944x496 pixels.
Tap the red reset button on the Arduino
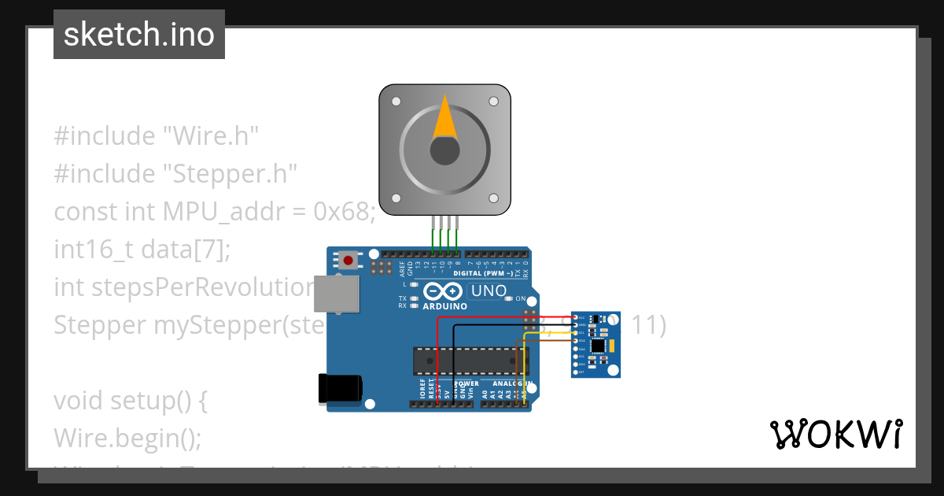pyautogui.click(x=348, y=260)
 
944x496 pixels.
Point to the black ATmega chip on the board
pyautogui.click(x=470, y=360)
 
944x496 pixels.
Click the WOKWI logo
pyautogui.click(x=835, y=434)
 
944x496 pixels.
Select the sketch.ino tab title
pyautogui.click(x=139, y=35)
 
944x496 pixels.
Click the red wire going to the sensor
pyautogui.click(x=503, y=317)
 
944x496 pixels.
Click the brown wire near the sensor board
pyautogui.click(x=543, y=341)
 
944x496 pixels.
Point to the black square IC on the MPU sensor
pyautogui.click(x=599, y=346)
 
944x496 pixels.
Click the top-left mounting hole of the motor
pyautogui.click(x=396, y=102)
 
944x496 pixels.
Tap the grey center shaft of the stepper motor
pyautogui.click(x=444, y=150)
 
